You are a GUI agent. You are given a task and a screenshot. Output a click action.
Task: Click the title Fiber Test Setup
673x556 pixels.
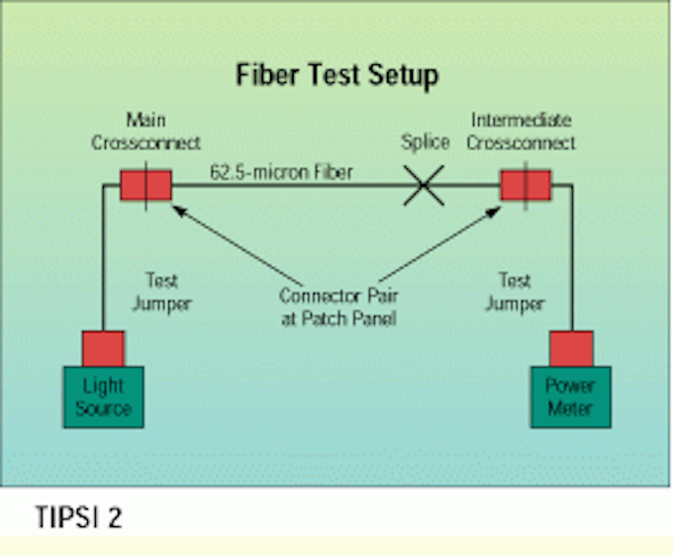tap(336, 75)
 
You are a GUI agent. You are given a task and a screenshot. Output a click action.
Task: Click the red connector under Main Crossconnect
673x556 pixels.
tap(145, 185)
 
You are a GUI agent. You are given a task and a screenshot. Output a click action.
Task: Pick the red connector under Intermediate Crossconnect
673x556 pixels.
tap(525, 185)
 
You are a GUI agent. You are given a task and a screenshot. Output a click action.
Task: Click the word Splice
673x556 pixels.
tap(425, 143)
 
